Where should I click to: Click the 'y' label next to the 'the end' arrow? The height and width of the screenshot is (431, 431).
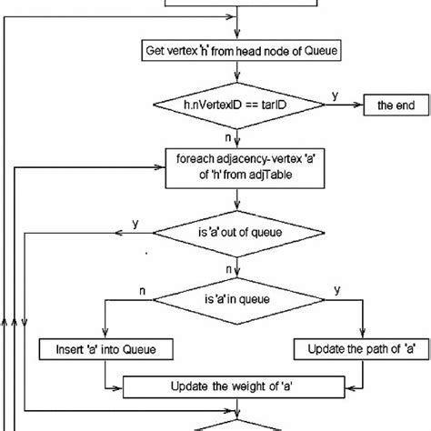click(x=335, y=95)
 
